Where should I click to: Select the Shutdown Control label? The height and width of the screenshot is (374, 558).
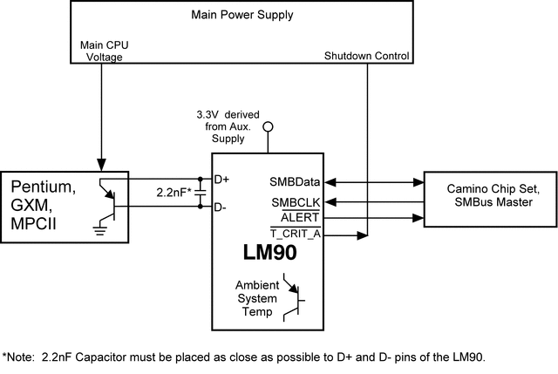(x=367, y=57)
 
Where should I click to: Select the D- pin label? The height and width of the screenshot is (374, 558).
(x=221, y=207)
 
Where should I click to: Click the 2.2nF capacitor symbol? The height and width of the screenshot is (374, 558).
(x=200, y=193)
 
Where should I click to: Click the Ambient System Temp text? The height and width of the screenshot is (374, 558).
(x=256, y=299)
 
